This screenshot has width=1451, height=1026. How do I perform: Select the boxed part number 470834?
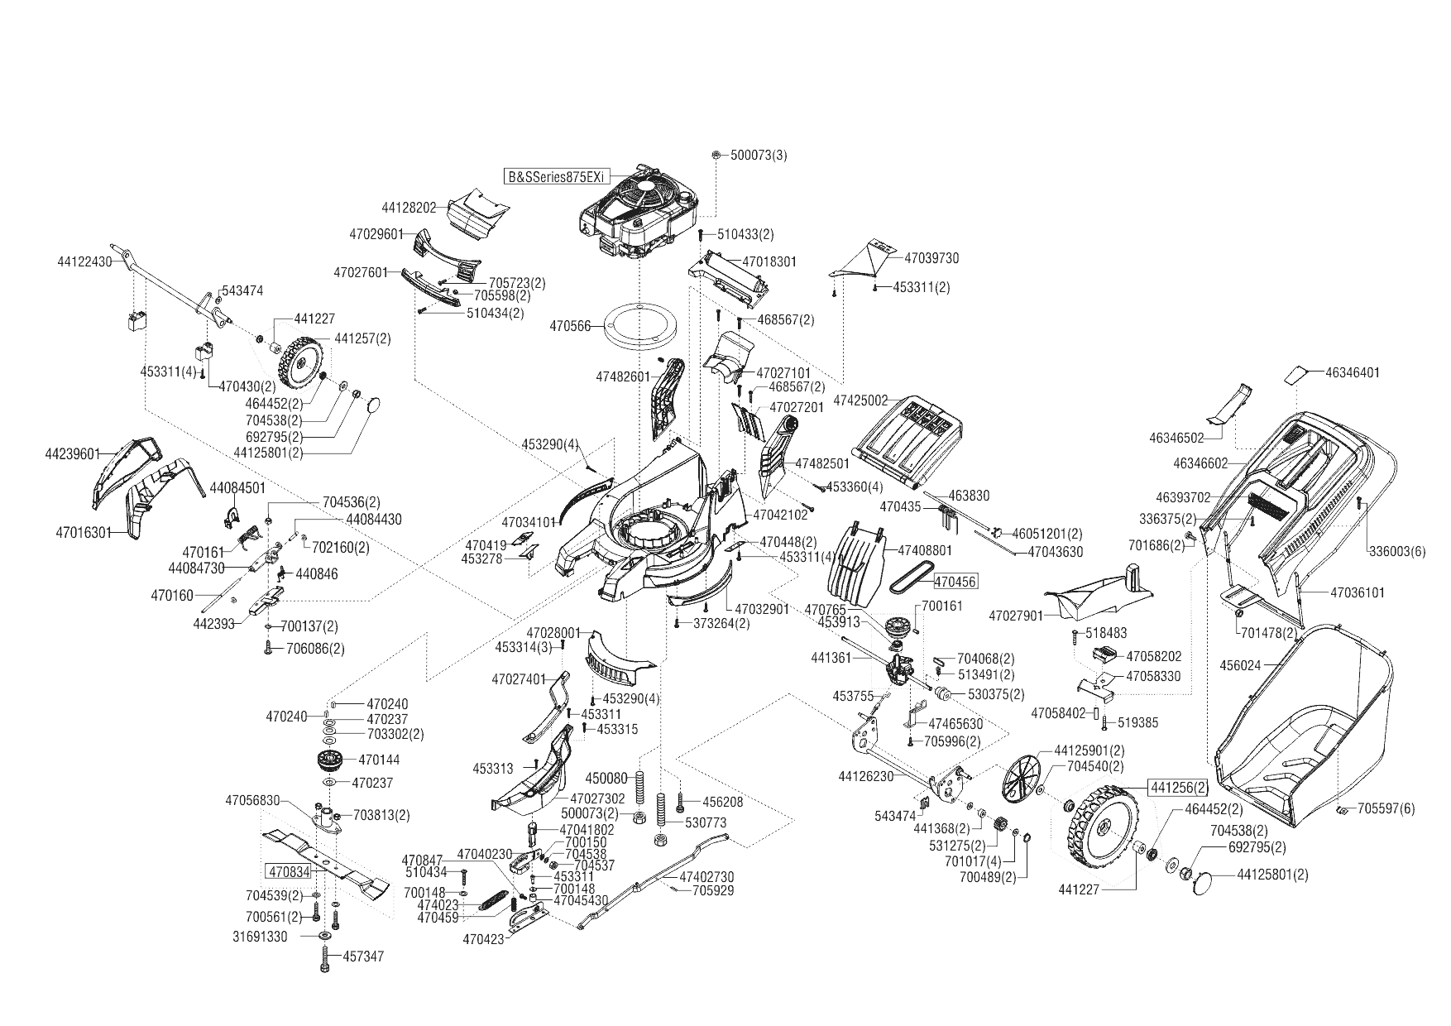click(x=289, y=871)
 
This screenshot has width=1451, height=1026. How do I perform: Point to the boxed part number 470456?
click(x=955, y=583)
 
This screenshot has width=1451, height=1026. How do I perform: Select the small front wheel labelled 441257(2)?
click(x=299, y=364)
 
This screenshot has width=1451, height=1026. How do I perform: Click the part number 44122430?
click(x=84, y=261)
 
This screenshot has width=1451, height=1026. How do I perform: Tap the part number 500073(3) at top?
click(x=759, y=156)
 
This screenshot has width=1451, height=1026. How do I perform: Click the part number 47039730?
click(x=931, y=258)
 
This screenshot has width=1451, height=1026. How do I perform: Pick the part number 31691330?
click(x=260, y=937)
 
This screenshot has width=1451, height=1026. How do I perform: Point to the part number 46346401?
click(x=1352, y=373)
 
